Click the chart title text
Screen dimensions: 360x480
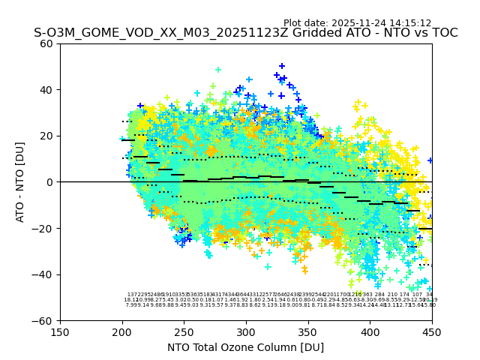(245, 33)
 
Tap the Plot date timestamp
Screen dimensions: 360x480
(357, 23)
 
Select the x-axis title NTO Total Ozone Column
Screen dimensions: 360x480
(245, 347)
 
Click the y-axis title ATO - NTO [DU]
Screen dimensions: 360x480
(20, 182)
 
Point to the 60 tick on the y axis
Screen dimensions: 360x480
(46, 43)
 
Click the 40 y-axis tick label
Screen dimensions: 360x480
(46, 90)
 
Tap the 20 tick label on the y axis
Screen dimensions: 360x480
(46, 136)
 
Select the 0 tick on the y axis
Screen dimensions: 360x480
(49, 182)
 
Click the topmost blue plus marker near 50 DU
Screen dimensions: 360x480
(282, 67)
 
